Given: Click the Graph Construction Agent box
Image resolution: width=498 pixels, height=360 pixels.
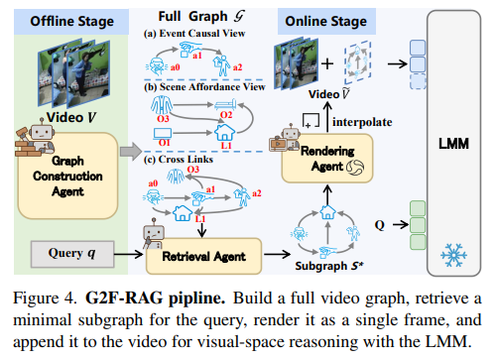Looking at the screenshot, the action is (x=67, y=176).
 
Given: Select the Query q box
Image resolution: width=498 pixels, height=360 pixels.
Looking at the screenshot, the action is (x=72, y=254).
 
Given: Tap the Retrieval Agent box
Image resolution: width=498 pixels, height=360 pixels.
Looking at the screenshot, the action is (x=203, y=256).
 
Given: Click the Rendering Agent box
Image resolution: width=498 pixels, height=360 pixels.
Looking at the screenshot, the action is (x=327, y=159).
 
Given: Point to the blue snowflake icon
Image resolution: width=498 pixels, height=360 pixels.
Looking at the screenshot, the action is (x=453, y=255).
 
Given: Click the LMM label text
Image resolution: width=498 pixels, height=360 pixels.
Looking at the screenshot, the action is (x=453, y=144).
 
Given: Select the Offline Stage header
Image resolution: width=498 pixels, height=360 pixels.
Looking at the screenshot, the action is (x=71, y=22).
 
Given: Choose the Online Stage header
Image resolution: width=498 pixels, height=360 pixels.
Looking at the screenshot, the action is (x=326, y=22).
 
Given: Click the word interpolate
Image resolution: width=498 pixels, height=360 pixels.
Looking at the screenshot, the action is (x=362, y=122).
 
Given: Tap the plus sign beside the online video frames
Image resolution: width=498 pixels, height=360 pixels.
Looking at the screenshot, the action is (x=327, y=63).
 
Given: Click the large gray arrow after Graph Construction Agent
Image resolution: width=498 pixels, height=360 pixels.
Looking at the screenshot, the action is (x=131, y=152).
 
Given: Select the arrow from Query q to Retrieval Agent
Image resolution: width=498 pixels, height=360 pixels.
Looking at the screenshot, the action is (x=128, y=254).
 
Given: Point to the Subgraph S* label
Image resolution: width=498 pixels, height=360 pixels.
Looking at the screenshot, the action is (x=329, y=266).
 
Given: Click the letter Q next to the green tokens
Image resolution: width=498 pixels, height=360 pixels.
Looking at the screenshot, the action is (x=380, y=225).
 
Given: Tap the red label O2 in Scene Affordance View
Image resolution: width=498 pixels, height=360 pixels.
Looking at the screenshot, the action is (x=226, y=115).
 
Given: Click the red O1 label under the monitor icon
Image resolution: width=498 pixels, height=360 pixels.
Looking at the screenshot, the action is (x=165, y=143).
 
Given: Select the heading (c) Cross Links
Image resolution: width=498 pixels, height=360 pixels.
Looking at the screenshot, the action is (x=179, y=160).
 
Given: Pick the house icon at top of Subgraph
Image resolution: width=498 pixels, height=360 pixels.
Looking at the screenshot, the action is (x=327, y=212).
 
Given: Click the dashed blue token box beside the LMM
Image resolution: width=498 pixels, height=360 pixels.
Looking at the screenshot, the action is (x=418, y=81).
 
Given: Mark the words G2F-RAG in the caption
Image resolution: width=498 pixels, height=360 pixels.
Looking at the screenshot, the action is (x=124, y=298).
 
